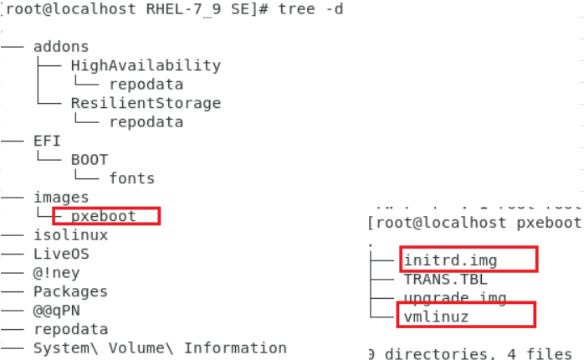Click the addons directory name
pyautogui.click(x=61, y=47)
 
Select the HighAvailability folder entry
pyautogui.click(x=146, y=65)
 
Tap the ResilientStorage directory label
pyautogui.click(x=146, y=103)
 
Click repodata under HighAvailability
pyautogui.click(x=146, y=84)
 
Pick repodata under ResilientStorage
pyautogui.click(x=146, y=121)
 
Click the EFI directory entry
pyautogui.click(x=47, y=141)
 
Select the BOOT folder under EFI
pyautogui.click(x=90, y=159)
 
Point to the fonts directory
pyautogui.click(x=131, y=177)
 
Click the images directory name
pyautogui.click(x=61, y=197)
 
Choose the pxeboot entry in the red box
pyautogui.click(x=103, y=216)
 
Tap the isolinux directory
pyautogui.click(x=70, y=234)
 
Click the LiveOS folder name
pyautogui.click(x=61, y=254)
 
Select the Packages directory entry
pyautogui.click(x=70, y=291)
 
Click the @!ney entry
pyautogui.click(x=56, y=272)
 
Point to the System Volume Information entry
pyautogui.click(x=160, y=347)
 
